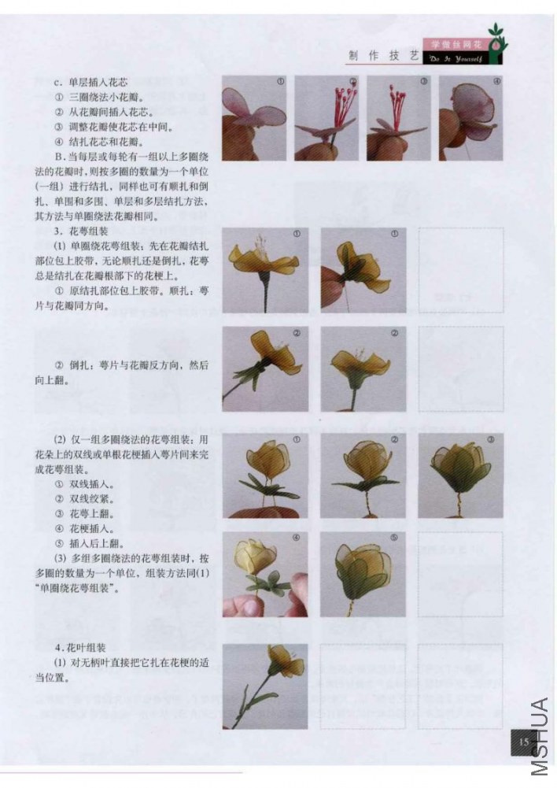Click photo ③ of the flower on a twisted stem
click(x=460, y=475)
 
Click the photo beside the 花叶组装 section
click(x=265, y=686)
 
